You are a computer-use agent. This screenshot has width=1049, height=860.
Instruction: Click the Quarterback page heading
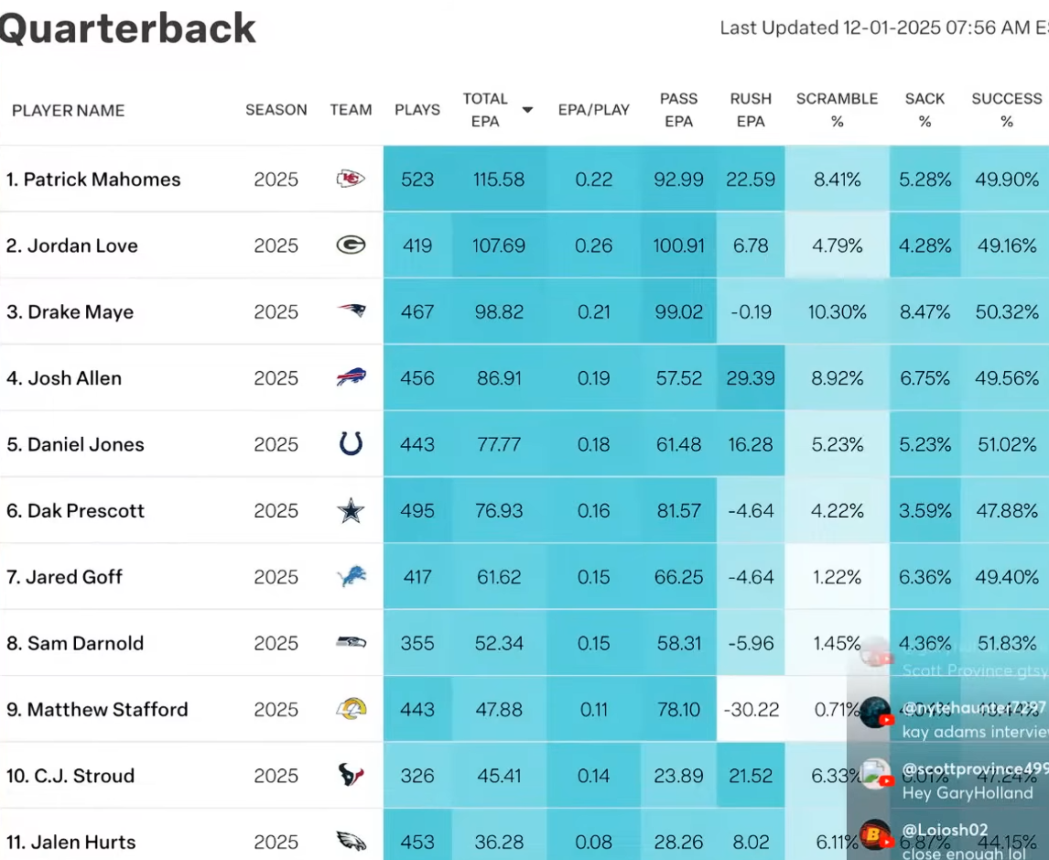128,28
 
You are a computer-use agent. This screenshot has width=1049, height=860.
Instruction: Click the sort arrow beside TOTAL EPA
527,110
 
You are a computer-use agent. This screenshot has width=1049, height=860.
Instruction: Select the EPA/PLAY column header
594,110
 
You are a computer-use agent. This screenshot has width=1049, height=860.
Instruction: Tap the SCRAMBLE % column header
837,110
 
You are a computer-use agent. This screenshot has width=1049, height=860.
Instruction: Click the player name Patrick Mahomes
93,180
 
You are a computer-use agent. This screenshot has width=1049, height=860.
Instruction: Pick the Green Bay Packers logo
351,245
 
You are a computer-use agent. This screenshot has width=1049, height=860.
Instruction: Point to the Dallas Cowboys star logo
351,511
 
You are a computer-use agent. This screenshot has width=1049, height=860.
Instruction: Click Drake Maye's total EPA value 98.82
499,312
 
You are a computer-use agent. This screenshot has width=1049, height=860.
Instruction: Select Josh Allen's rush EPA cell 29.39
751,378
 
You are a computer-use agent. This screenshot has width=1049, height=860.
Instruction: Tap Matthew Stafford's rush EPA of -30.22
751,710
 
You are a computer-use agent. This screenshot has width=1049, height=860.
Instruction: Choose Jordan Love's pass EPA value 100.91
678,245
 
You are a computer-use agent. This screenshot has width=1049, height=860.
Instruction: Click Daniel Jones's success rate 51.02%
1007,445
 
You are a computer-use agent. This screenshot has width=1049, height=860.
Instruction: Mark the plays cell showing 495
417,511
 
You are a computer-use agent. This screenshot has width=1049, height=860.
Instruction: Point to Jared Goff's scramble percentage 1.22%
837,577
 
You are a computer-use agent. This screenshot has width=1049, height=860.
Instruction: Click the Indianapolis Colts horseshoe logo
351,445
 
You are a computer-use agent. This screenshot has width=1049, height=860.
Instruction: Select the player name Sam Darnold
75,644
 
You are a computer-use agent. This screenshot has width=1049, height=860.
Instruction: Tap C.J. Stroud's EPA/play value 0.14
594,776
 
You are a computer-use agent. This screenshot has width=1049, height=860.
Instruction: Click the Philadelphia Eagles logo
351,842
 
